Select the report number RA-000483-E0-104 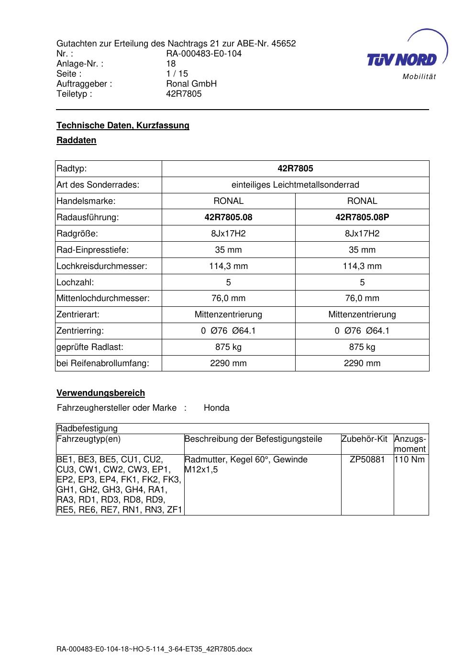click(x=204, y=54)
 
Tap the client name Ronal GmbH click(x=191, y=84)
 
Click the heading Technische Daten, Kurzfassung click(x=123, y=125)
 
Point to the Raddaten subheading click(x=77, y=140)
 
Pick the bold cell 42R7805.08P click(x=362, y=217)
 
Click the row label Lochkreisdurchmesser click(x=102, y=266)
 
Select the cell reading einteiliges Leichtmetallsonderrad click(x=295, y=185)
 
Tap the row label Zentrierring click(x=80, y=331)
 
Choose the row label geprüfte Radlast click(x=90, y=347)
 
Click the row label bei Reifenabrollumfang click(x=103, y=363)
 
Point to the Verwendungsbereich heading click(x=101, y=393)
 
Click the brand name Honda click(x=217, y=408)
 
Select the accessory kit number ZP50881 click(x=367, y=459)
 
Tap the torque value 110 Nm click(x=409, y=459)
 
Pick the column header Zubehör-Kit click(x=365, y=439)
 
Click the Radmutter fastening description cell click(x=246, y=464)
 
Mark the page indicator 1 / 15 click(x=177, y=74)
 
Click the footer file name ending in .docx click(x=155, y=649)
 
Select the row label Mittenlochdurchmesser click(x=103, y=298)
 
